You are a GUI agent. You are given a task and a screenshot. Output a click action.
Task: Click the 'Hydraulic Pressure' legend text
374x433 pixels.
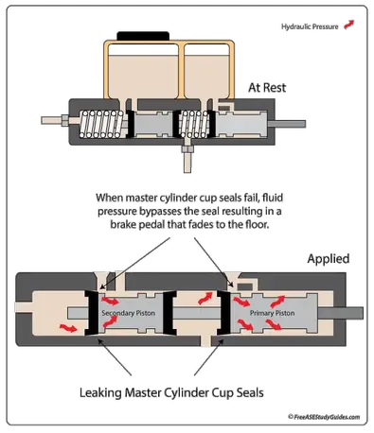coord(310,26)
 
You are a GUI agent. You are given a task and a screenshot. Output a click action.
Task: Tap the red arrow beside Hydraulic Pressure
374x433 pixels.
coord(349,25)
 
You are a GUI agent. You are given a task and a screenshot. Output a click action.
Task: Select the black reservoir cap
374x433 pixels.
coord(143,36)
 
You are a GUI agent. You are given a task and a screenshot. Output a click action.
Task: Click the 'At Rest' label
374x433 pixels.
coord(267,88)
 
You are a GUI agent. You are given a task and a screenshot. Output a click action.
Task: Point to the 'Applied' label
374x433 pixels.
coord(329,259)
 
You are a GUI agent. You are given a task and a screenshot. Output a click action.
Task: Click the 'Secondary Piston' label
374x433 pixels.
coord(128,313)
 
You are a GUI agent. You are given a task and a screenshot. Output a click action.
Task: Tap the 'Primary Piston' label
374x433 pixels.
coord(272,313)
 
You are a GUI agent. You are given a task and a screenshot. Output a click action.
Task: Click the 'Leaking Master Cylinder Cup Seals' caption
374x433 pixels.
coord(171,393)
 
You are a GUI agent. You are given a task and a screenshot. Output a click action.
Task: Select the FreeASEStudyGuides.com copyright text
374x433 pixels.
coord(324,417)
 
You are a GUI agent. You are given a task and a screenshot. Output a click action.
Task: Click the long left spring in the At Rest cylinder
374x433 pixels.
coord(101,124)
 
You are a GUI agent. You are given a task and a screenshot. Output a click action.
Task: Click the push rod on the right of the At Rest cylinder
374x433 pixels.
coord(287,124)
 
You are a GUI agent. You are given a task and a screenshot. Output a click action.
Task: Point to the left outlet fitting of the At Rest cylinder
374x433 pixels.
coord(55,120)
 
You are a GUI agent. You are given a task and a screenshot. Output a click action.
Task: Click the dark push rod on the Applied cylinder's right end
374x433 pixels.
coord(340,313)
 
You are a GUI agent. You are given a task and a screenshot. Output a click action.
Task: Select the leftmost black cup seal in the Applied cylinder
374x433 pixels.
coord(92,313)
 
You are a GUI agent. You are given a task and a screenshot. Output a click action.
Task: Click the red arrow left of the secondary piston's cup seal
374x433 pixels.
coord(68,328)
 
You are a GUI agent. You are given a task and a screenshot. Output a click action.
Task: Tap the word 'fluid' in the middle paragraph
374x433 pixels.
coord(273,198)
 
